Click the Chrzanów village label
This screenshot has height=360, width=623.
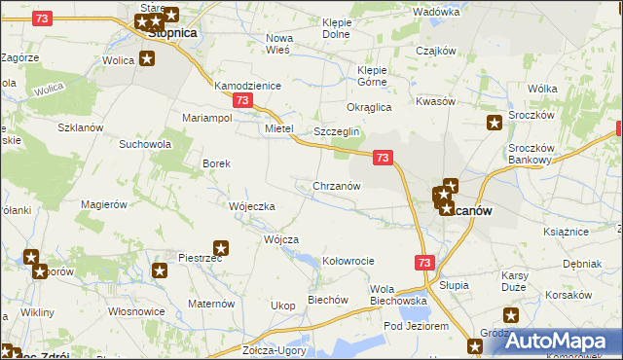(337, 186)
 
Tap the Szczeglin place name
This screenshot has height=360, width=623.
(337, 131)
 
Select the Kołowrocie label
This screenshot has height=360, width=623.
(348, 261)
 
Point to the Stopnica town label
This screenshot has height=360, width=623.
(171, 32)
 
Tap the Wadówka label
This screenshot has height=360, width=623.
(435, 12)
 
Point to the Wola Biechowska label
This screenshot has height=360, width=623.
(400, 295)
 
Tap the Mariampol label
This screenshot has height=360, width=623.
(206, 118)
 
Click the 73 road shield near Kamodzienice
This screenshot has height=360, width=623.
(243, 100)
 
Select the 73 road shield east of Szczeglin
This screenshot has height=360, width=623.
(383, 157)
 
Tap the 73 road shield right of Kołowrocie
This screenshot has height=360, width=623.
(423, 262)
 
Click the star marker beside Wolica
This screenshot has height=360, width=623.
(147, 58)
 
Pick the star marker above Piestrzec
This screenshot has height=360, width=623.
(221, 247)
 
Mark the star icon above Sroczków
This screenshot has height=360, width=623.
(495, 123)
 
